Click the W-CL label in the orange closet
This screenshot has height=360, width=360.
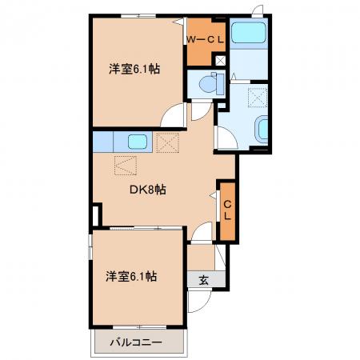click(x=206, y=40)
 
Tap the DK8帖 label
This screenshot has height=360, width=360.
click(x=148, y=190)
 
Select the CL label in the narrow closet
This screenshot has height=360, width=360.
click(x=227, y=210)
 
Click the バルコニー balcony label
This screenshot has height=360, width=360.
click(x=136, y=342)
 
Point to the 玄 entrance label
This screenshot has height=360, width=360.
click(x=203, y=280)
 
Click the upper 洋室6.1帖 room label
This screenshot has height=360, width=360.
click(x=134, y=69)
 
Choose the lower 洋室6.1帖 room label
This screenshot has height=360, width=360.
click(x=131, y=276)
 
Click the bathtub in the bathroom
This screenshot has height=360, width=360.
click(x=249, y=33)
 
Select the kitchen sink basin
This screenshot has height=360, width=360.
click(x=138, y=142)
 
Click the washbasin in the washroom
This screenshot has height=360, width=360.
click(x=262, y=130)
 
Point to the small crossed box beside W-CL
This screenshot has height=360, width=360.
click(x=220, y=61)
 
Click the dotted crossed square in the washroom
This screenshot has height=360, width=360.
click(x=258, y=98)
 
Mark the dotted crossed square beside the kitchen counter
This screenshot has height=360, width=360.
click(x=167, y=142)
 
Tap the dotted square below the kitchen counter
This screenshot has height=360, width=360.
click(x=126, y=166)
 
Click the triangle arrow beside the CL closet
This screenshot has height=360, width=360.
click(x=214, y=195)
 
